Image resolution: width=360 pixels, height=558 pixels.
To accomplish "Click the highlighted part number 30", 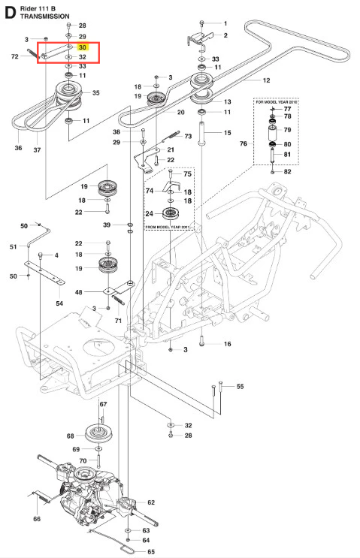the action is pos(82,47).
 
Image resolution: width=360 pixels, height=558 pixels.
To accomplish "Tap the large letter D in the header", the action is pos(10,13).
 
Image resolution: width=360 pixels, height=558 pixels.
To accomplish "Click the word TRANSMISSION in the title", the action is pos(45,17).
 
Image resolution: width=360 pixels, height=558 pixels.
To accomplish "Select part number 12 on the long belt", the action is pos(266,80).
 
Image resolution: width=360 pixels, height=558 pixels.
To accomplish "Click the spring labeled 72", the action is pos(33,54).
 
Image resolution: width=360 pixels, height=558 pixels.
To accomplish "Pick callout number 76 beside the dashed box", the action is pos(244,143).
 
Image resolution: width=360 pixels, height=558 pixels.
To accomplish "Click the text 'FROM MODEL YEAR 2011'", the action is pos(168,227).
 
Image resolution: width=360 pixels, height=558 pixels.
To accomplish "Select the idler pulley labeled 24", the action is pos(170,213).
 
